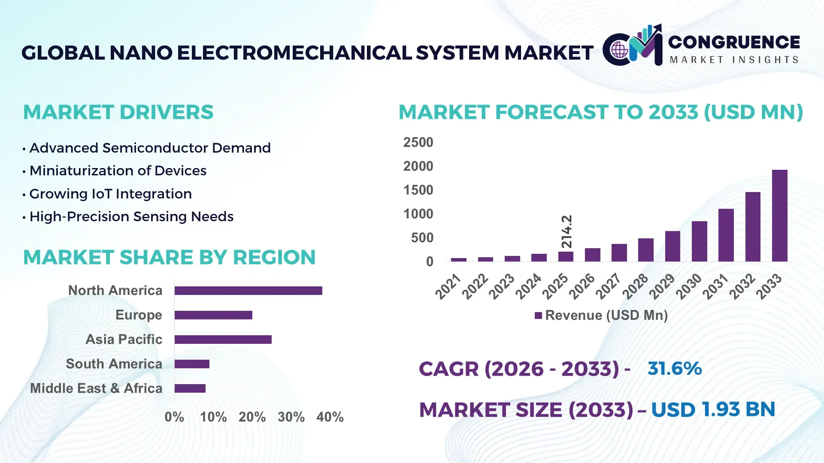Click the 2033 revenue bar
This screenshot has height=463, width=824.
[x=779, y=216]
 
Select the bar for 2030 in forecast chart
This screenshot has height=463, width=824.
[x=699, y=241]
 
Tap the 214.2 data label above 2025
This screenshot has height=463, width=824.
[x=566, y=231]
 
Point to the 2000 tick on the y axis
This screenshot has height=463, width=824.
[x=418, y=166]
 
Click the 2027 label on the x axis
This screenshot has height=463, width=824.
[x=608, y=286]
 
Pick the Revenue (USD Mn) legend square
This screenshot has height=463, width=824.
[x=538, y=316]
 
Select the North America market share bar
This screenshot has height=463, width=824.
[x=248, y=291]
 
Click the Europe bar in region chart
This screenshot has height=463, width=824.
[x=213, y=315]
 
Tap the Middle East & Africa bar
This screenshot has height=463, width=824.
[x=190, y=388]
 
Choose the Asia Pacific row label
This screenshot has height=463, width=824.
[x=124, y=340]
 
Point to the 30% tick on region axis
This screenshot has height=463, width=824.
[x=291, y=417]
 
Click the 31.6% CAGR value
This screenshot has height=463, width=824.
[x=674, y=369]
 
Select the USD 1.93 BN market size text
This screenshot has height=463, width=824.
[x=713, y=409]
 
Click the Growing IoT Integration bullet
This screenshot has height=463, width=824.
[x=110, y=194]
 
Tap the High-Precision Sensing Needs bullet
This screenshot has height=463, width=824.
[x=131, y=216]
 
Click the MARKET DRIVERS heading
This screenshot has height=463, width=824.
[x=118, y=112]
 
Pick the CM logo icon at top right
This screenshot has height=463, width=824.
[x=633, y=46]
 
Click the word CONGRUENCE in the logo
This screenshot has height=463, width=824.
[x=734, y=42]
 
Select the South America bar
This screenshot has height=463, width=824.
[x=192, y=364]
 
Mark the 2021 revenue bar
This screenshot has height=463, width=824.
[x=458, y=260]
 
